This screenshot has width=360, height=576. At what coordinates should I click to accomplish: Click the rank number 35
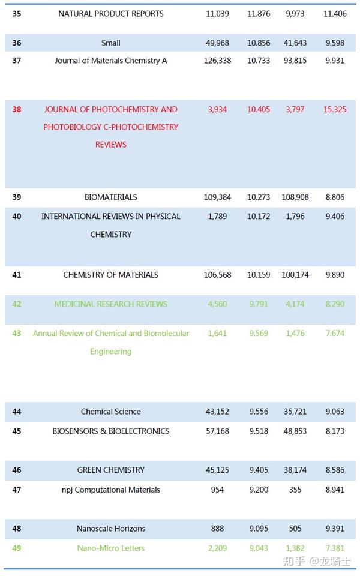(16, 14)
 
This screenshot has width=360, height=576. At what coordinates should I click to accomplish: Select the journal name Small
(110, 43)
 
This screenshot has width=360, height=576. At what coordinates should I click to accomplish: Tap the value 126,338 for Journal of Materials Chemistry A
(217, 61)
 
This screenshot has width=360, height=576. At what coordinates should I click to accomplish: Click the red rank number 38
(16, 109)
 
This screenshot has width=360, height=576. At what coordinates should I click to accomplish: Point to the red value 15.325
(334, 109)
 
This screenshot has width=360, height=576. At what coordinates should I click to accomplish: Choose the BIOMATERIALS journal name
(110, 197)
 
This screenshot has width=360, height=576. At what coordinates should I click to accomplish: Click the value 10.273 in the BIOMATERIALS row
(259, 197)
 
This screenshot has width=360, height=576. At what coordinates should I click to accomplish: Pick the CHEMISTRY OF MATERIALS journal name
(110, 275)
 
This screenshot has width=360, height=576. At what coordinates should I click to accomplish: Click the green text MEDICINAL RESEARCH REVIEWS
(110, 304)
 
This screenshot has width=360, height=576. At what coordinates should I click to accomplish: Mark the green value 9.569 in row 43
(259, 333)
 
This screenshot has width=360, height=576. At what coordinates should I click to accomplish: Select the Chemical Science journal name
(110, 412)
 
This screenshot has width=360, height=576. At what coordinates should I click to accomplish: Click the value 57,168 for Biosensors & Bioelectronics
(217, 431)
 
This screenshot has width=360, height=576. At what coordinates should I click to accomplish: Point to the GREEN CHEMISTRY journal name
(110, 470)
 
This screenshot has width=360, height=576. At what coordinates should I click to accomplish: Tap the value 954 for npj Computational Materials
(217, 490)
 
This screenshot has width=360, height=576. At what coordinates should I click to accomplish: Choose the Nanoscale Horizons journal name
(110, 529)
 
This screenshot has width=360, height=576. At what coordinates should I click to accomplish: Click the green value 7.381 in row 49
(334, 548)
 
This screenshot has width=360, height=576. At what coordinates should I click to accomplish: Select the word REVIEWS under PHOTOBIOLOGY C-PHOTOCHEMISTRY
(110, 145)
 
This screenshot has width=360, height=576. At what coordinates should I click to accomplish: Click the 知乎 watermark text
(295, 562)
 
